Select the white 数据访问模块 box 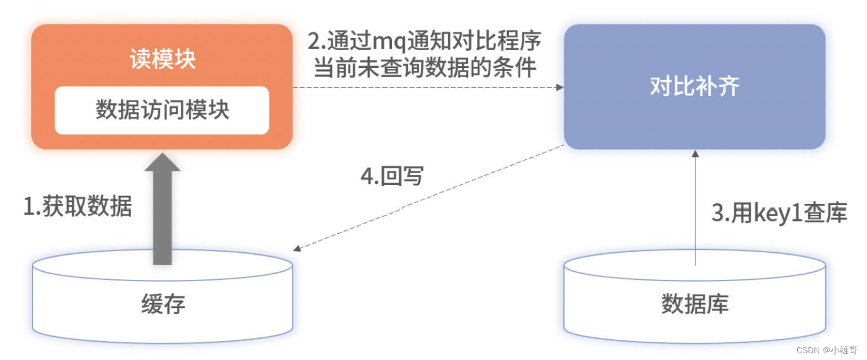pos(162,110)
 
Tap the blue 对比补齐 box pos(694,86)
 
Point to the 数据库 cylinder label pos(694,304)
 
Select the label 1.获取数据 pos(78,207)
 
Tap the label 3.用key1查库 pos(779,213)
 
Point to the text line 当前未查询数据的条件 pos(425,67)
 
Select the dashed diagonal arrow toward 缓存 pos(429,197)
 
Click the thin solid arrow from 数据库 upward pos(695,208)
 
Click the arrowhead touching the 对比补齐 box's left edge pos(559,88)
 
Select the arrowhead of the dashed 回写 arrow pos(297,249)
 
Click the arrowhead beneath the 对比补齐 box pos(695,154)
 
